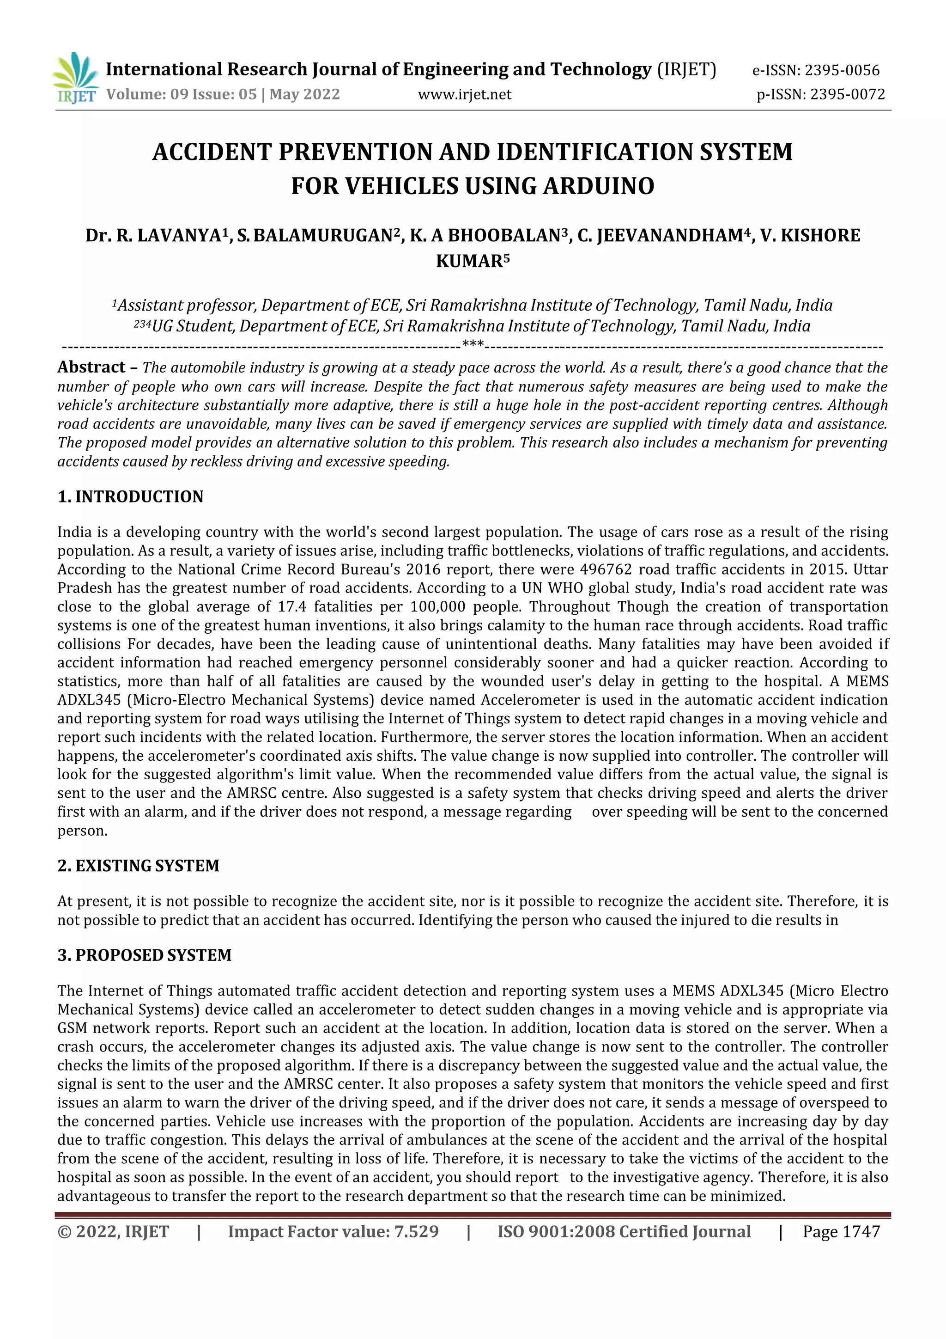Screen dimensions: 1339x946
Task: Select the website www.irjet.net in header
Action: pos(465,94)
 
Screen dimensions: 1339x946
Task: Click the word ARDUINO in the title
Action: pos(599,186)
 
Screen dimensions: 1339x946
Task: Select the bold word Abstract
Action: pos(91,367)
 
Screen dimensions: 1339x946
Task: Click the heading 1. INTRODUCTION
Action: pos(131,497)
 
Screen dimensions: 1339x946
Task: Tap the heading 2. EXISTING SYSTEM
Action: pos(138,865)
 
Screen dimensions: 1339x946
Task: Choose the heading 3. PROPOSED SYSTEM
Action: pos(144,955)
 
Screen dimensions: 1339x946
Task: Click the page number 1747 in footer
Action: pos(861,1232)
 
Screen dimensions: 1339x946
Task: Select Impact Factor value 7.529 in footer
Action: pos(416,1232)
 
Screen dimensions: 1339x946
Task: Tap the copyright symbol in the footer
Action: pos(64,1232)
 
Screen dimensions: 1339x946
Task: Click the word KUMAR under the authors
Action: pos(469,261)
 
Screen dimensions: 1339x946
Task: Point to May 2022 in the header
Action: pos(304,94)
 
